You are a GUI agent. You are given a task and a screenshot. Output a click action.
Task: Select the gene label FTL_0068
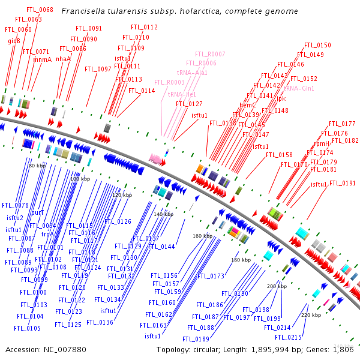point(40,10)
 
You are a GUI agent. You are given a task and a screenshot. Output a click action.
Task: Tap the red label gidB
point(14,41)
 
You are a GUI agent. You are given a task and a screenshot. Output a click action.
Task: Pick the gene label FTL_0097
point(98,69)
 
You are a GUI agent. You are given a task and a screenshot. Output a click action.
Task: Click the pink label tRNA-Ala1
point(192,73)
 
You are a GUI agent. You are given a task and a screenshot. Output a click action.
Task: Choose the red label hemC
point(248,105)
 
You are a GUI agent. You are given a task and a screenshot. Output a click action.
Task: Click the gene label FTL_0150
point(317,45)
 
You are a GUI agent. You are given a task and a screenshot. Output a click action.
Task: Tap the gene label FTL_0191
point(343,183)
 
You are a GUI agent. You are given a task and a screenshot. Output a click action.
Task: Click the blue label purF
point(37,212)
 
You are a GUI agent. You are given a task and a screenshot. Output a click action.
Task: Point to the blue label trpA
point(47,233)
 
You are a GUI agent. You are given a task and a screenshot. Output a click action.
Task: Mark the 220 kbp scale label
point(311,315)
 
